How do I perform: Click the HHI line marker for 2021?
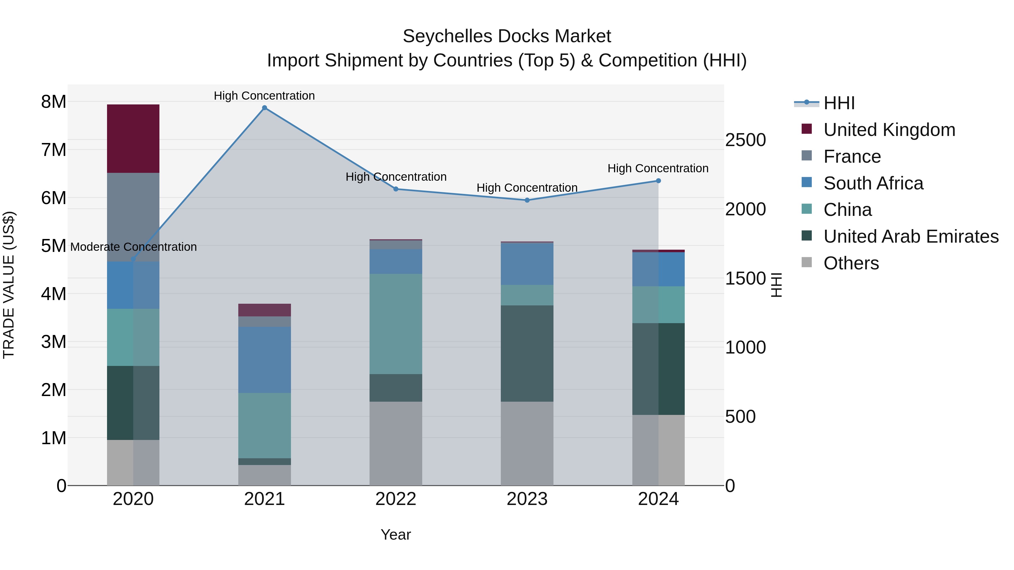264,108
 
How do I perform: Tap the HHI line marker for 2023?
527,200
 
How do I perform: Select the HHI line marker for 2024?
658,181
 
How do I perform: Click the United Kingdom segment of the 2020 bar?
133,138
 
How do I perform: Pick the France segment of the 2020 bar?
133,217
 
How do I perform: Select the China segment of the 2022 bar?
396,324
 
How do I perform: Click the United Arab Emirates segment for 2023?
527,353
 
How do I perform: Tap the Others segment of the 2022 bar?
396,443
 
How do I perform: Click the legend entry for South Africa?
873,183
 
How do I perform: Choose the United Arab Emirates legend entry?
911,236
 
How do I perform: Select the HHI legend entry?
839,103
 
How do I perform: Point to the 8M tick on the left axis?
54,102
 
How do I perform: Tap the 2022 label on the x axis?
396,499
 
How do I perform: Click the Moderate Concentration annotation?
134,247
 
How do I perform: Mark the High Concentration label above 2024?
658,168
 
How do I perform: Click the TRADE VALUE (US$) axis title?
9,285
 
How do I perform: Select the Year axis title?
396,535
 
